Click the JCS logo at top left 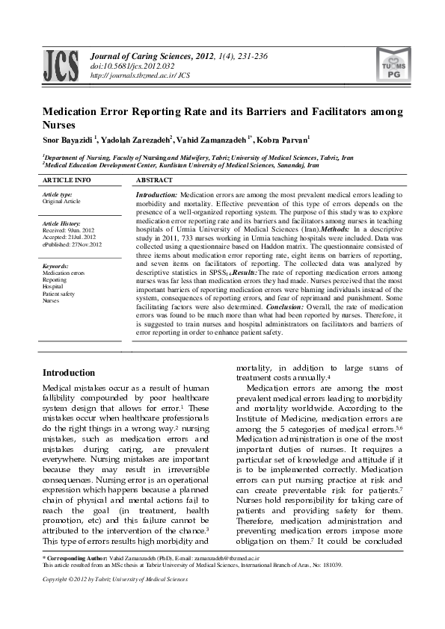click(62, 65)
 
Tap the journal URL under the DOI click(140, 75)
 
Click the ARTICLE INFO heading click(67, 181)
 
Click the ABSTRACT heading click(154, 181)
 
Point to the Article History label click(61, 223)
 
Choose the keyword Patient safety click(59, 294)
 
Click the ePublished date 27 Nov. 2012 click(72, 244)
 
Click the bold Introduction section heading click(68, 373)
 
